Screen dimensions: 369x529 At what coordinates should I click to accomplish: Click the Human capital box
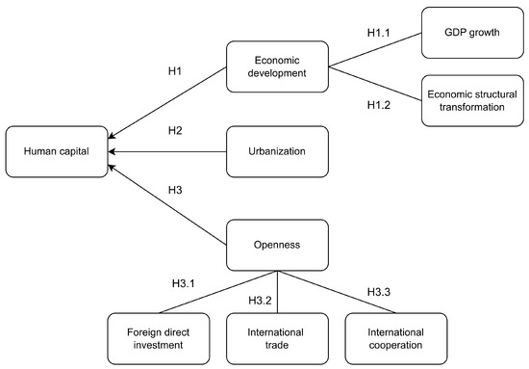point(57,150)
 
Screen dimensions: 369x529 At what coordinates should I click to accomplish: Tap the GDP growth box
point(469,32)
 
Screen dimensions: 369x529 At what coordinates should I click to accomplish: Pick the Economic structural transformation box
point(469,100)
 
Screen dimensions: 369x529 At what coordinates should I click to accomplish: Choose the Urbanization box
point(277,150)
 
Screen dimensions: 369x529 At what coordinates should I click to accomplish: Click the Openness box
point(277,245)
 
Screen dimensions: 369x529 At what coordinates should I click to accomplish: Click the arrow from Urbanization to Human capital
point(168,151)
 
